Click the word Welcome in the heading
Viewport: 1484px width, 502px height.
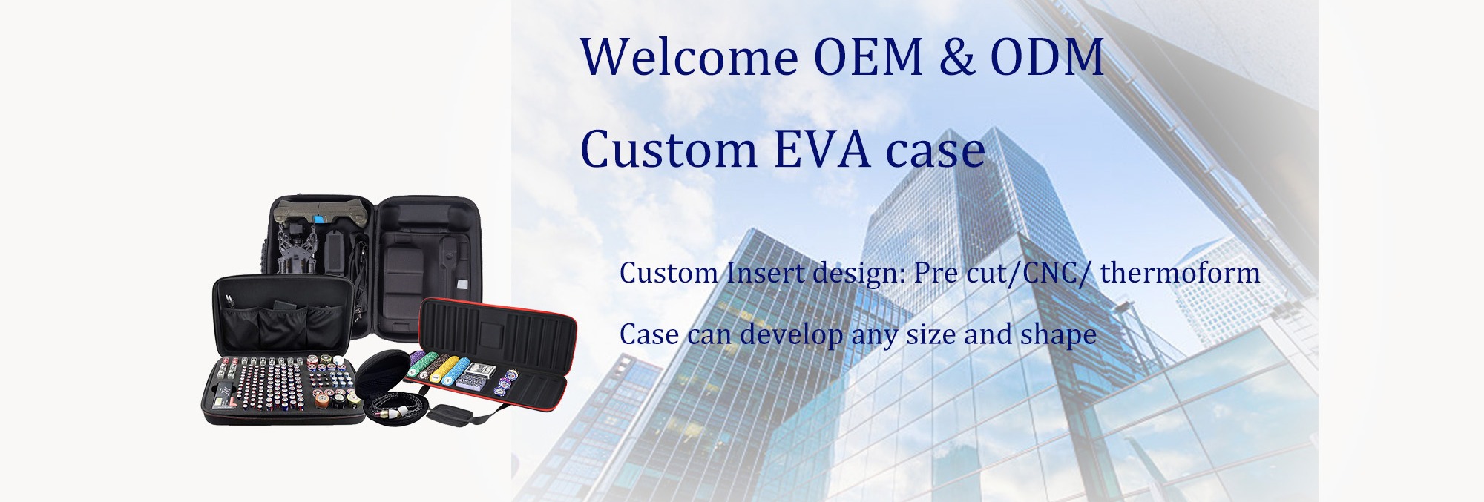(x=689, y=56)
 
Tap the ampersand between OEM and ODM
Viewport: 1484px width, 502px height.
(x=956, y=56)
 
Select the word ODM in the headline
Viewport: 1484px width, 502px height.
(x=1047, y=56)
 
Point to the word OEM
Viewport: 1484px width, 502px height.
(x=868, y=56)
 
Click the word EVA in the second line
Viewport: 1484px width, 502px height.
(x=821, y=149)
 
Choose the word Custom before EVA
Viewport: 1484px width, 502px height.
(x=669, y=149)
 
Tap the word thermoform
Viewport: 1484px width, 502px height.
(x=1180, y=273)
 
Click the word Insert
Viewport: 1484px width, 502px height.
(x=765, y=273)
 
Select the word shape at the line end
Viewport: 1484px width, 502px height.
(x=1058, y=335)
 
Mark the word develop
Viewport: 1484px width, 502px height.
(x=791, y=335)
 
